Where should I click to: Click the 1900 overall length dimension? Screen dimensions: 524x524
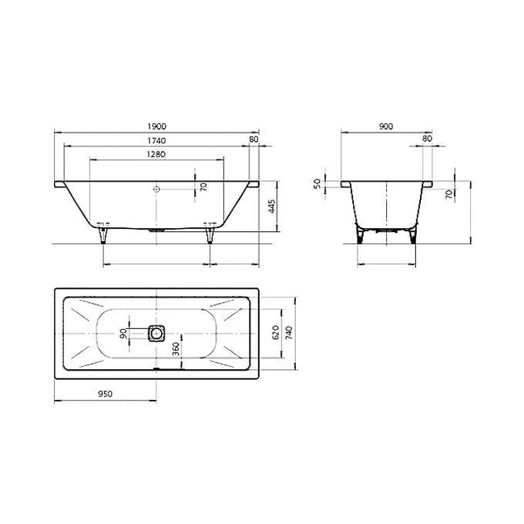point(156,126)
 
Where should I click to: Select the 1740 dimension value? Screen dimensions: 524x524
point(156,141)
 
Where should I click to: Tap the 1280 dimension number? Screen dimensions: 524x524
point(156,154)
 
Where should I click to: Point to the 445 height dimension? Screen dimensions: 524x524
point(272,207)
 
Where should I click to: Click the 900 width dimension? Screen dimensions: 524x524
point(386,126)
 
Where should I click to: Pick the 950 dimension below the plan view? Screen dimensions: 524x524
point(106,394)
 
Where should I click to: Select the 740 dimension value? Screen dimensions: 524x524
point(290,333)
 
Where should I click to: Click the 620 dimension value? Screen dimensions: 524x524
point(276,333)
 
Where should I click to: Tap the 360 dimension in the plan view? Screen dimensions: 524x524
point(176,349)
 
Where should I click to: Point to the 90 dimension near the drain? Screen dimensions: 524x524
point(123,333)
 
